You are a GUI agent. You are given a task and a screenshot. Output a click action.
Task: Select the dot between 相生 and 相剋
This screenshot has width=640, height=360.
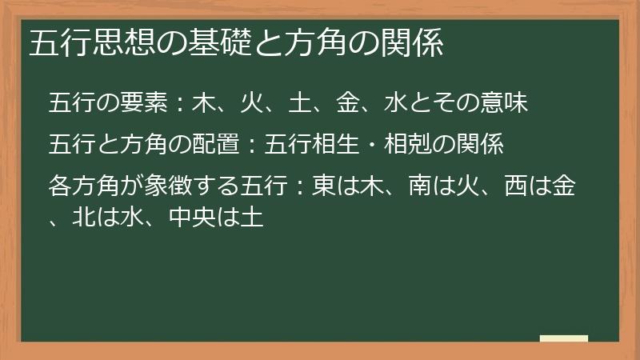(370, 146)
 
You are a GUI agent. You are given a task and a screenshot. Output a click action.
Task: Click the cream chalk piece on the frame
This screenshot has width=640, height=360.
(563, 338)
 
